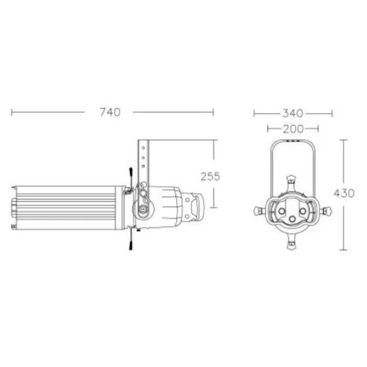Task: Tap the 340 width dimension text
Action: [293, 113]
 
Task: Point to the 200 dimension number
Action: [293, 129]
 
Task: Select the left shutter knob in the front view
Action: [258, 211]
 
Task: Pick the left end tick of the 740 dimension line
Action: [12, 112]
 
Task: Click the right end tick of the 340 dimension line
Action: [333, 113]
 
